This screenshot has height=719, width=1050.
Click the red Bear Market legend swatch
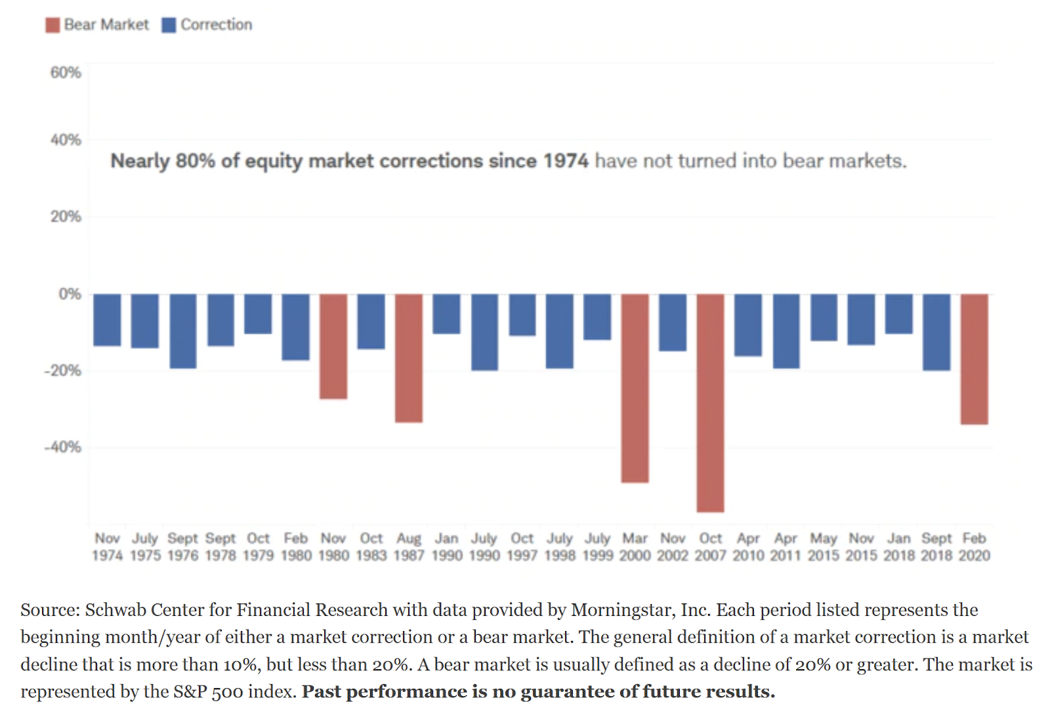(52, 25)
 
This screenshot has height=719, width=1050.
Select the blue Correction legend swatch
(169, 25)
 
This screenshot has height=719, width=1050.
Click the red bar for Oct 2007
(710, 403)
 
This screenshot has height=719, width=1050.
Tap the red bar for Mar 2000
(635, 388)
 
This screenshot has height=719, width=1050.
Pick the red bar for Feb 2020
(974, 359)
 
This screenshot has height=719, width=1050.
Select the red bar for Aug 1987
(409, 358)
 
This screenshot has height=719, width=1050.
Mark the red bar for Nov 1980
(333, 346)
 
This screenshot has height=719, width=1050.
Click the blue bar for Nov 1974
(107, 320)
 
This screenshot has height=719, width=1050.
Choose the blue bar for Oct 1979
(258, 314)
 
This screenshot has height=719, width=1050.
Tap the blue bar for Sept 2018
(936, 332)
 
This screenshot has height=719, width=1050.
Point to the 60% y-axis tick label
(66, 72)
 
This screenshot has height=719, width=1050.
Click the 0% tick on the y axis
(70, 294)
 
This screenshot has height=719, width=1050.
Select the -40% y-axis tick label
(63, 447)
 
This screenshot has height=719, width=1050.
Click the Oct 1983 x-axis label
(371, 547)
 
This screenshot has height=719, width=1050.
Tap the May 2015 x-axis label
(824, 547)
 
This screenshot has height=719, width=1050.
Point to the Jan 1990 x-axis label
(447, 547)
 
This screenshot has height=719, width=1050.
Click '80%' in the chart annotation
(195, 161)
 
